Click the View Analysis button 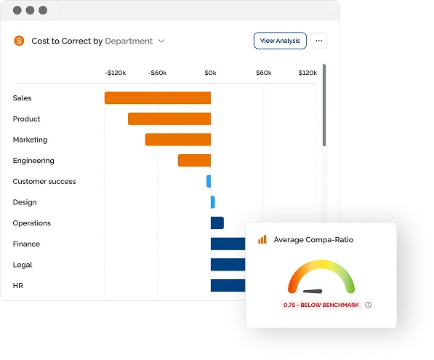tap(280, 41)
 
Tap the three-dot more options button tap(319, 41)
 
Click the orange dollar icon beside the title tap(19, 41)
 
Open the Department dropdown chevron tap(161, 41)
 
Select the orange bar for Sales tap(158, 97)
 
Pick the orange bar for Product tap(169, 119)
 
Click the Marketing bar tap(178, 140)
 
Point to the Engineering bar tap(194, 161)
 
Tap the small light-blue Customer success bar tap(209, 181)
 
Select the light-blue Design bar tap(213, 202)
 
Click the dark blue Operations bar tap(217, 223)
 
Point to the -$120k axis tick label tap(116, 73)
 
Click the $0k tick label tap(210, 73)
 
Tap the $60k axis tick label tap(264, 73)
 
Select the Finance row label tap(26, 244)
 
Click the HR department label tap(17, 286)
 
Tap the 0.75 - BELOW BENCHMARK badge tap(321, 305)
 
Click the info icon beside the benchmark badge tap(368, 305)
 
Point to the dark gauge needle tap(313, 291)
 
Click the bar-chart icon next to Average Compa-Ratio tap(262, 239)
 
